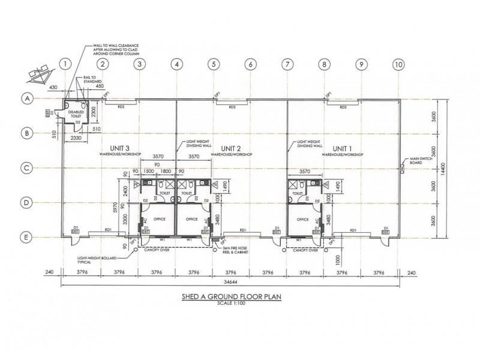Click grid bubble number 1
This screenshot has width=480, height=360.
tap(66, 63)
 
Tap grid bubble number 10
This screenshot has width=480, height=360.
tap(398, 63)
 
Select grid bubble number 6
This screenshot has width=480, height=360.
tap(250, 63)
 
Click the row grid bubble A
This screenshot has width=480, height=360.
tap(26, 98)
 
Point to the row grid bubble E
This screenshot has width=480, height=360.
tap(26, 238)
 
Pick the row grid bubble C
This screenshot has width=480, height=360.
tap(26, 169)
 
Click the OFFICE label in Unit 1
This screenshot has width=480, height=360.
tap(302, 220)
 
